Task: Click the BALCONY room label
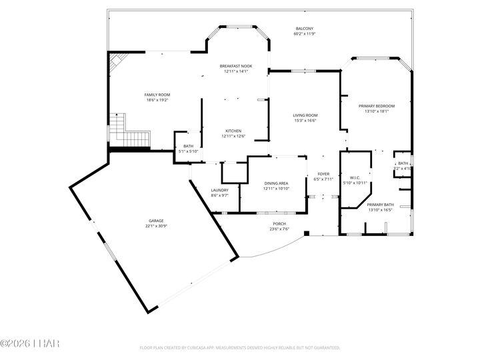pos(305,29)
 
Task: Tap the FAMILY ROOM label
pos(157,95)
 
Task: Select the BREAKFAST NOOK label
pos(236,66)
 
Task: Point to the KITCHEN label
pos(233,131)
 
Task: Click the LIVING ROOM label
pos(305,115)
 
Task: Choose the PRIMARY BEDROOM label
pos(377,106)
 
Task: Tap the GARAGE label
pos(156,221)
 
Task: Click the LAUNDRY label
pos(220,190)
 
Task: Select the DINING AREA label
pos(275,183)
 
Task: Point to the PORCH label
pos(279,223)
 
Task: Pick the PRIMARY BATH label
pos(381,205)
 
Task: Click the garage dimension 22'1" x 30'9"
pos(156,226)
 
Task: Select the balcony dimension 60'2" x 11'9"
pos(305,34)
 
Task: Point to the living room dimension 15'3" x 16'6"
pos(305,121)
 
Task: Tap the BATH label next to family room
pos(188,146)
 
